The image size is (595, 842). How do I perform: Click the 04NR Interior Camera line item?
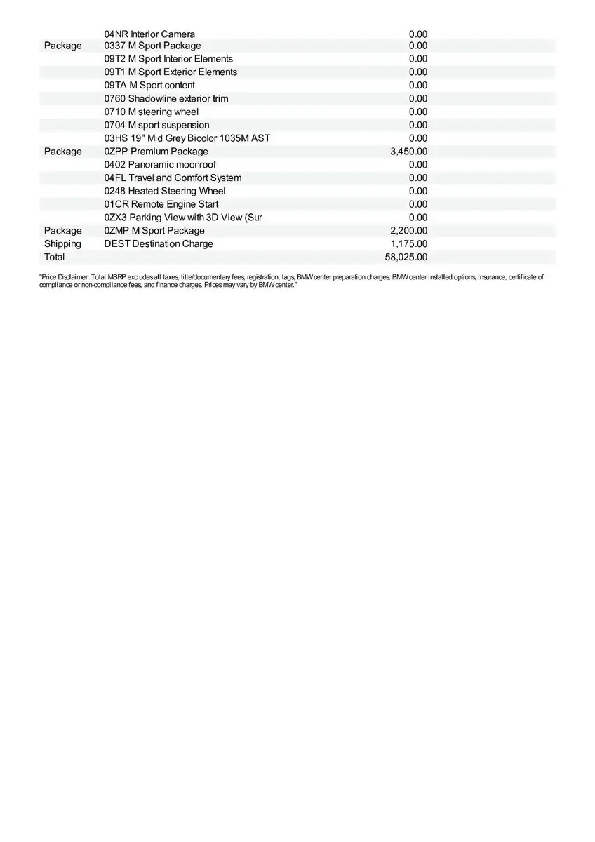(x=149, y=34)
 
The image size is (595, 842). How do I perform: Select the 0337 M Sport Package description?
(x=152, y=46)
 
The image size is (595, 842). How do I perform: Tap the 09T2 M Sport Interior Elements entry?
(x=168, y=59)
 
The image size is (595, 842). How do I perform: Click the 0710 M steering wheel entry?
(x=152, y=112)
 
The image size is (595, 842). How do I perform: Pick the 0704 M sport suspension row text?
(x=156, y=125)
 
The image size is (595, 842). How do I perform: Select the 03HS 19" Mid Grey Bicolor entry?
(x=187, y=138)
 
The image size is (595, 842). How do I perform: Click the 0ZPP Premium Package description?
(x=156, y=152)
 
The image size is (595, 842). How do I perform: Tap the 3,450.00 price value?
(x=408, y=152)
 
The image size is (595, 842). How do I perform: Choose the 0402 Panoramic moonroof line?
(x=160, y=164)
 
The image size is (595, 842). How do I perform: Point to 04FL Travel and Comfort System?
(x=173, y=178)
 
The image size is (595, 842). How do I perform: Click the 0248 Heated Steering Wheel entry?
(x=165, y=191)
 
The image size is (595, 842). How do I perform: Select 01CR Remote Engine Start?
(x=161, y=204)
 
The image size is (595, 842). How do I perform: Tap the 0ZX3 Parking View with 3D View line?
(x=183, y=218)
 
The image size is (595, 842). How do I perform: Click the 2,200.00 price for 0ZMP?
(x=408, y=231)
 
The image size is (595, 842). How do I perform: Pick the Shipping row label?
(x=62, y=244)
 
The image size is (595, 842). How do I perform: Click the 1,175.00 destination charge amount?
(x=408, y=244)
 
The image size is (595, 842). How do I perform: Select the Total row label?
(x=54, y=257)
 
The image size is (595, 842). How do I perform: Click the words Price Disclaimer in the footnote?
(x=64, y=278)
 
